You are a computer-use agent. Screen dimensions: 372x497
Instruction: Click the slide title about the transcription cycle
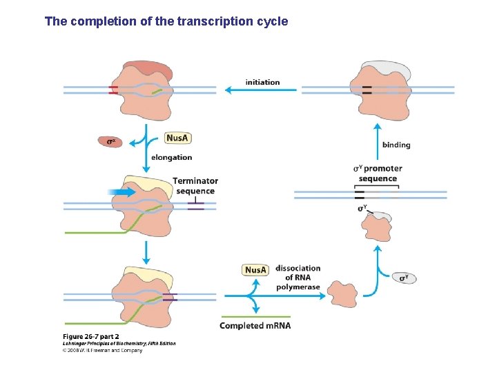(x=166, y=21)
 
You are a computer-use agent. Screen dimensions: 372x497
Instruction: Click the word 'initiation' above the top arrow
(x=262, y=83)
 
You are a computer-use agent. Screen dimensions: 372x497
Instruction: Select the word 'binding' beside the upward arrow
(x=396, y=145)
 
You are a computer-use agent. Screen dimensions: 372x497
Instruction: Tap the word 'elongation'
(x=172, y=158)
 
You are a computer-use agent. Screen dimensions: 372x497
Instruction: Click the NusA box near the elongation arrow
(x=177, y=138)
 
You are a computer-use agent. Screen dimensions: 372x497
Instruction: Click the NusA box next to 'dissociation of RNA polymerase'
(x=255, y=270)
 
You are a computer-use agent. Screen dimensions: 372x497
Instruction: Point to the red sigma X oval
(x=110, y=142)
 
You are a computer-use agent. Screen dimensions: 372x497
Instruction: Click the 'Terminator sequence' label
(x=195, y=186)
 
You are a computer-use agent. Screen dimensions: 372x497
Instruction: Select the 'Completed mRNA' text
(x=255, y=326)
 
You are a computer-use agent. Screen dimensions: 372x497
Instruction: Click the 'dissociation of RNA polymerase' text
(x=298, y=277)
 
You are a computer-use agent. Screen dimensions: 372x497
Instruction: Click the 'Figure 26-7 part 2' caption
(x=91, y=336)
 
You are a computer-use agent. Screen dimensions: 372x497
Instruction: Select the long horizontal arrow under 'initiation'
(x=257, y=90)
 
